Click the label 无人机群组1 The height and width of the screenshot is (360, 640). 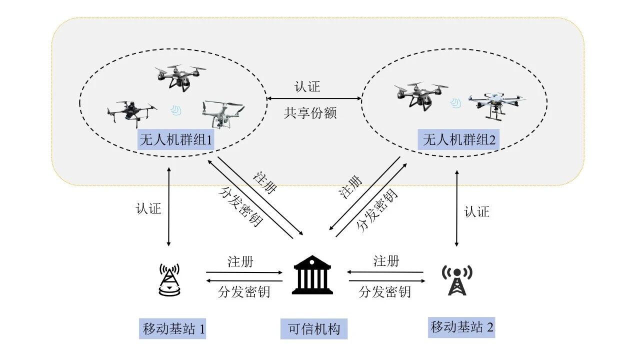pos(175,139)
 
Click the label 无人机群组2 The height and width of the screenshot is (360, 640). pos(458,139)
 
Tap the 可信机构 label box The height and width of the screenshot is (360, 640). pos(313,329)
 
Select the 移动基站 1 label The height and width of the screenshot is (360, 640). pos(172,328)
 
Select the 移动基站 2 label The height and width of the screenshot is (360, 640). pos(461,327)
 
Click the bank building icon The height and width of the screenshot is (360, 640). pos(312,275)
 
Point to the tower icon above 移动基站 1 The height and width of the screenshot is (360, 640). pos(169,279)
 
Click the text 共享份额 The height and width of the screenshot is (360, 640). pos(310,113)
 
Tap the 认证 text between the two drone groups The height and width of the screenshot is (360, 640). pos(307,87)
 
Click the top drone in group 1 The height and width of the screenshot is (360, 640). pos(180,76)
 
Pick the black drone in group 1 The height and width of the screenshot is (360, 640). pos(132,113)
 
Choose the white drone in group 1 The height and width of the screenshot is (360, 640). pos(222,113)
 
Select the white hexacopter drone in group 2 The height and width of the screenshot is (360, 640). pos(497,105)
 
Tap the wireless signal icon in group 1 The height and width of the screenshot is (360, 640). pos(176,110)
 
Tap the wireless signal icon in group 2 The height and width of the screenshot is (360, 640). pos(456,103)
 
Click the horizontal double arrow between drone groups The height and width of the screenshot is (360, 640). pos(314,98)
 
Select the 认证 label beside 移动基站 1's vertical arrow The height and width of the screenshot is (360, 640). pos(148,208)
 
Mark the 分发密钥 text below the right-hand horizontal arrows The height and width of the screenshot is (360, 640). pos(384,291)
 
